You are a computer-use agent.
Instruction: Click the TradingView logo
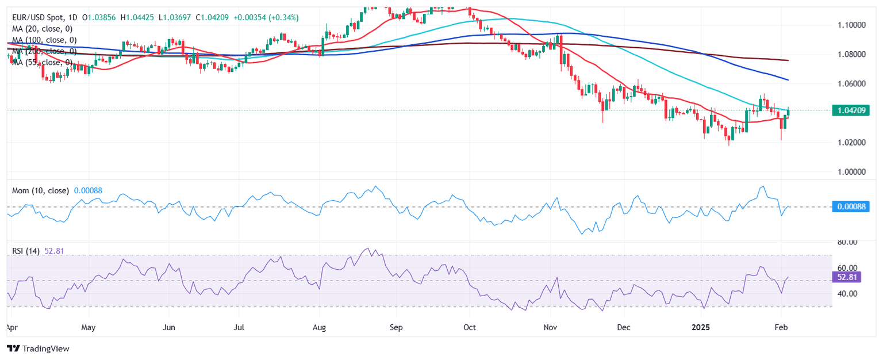pyautogui.click(x=37, y=348)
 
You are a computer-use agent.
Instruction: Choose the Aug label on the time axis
pyautogui.click(x=320, y=327)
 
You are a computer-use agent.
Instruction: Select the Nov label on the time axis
pyautogui.click(x=551, y=327)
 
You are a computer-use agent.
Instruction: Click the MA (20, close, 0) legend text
pyautogui.click(x=44, y=29)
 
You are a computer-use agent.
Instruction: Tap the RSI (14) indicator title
pyautogui.click(x=26, y=252)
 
